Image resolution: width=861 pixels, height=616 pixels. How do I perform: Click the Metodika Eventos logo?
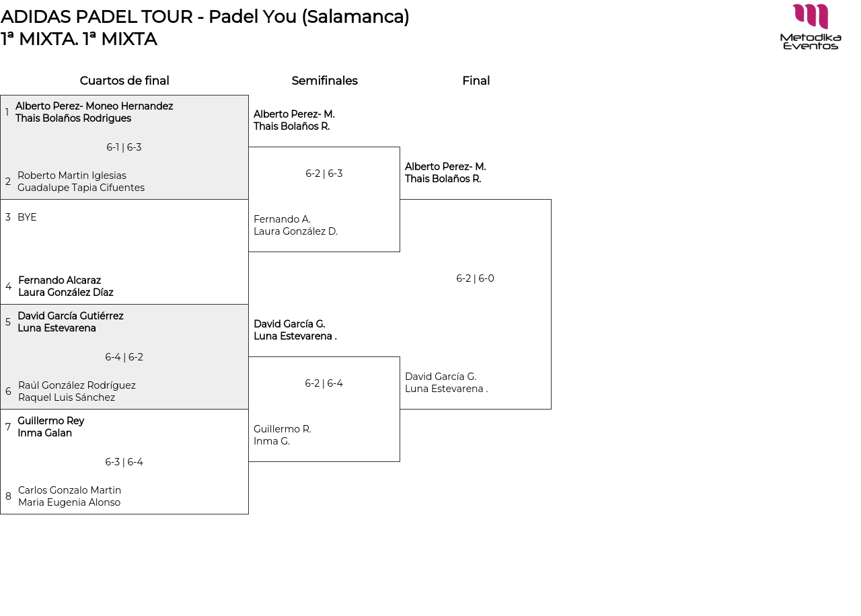[811, 26]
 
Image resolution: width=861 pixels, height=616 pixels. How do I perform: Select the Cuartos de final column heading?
[124, 81]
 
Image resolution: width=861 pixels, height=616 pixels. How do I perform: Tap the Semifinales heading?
[324, 81]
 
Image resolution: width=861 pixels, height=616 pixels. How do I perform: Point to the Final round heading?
[476, 81]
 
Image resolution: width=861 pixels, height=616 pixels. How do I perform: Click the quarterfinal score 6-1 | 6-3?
[124, 147]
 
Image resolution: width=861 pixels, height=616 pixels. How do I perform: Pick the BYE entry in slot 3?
[27, 217]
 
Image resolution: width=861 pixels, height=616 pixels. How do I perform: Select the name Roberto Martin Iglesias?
[72, 176]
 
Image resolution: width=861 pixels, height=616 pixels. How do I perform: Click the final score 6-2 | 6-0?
[475, 278]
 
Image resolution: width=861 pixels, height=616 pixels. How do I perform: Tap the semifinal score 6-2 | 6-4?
[324, 383]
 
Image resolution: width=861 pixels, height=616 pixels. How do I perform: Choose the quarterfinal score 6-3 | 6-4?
[124, 462]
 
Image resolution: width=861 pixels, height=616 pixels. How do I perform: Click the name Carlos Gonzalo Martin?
[69, 490]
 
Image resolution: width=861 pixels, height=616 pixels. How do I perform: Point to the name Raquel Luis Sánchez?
[67, 397]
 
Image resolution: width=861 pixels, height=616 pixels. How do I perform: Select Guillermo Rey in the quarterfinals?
[51, 421]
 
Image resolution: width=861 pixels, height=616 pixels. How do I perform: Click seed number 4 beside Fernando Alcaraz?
[8, 286]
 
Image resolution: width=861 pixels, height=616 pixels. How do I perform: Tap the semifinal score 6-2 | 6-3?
[324, 174]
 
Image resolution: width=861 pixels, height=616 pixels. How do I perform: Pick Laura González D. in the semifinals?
[295, 231]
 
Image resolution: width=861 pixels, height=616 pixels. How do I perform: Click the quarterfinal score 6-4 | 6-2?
[124, 357]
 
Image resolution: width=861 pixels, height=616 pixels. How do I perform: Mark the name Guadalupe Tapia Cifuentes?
[81, 188]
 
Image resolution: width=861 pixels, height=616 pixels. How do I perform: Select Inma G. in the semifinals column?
[272, 441]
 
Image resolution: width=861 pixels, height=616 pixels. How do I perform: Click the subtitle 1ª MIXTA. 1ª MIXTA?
[79, 39]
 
